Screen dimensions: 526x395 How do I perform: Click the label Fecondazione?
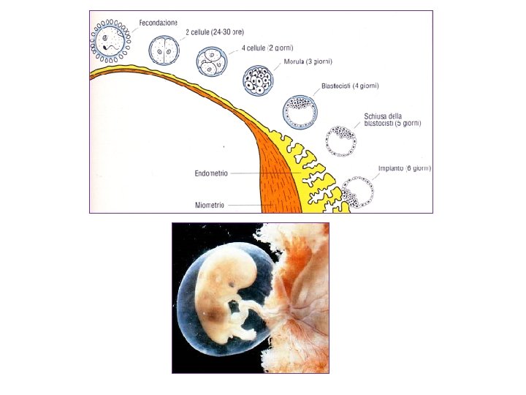(x=159, y=23)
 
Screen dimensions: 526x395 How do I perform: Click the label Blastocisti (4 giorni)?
(x=350, y=86)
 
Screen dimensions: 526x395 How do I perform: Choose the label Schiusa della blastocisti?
(x=392, y=120)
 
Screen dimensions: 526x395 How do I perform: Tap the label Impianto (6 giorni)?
(x=404, y=168)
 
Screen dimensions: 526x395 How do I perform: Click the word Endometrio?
(x=212, y=173)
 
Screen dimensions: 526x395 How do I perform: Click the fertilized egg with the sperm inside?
(x=110, y=40)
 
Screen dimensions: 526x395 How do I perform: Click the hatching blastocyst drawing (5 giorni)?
(x=340, y=141)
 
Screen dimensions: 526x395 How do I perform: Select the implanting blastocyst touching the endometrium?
(x=358, y=192)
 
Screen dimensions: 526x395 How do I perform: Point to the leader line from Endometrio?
(x=270, y=173)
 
